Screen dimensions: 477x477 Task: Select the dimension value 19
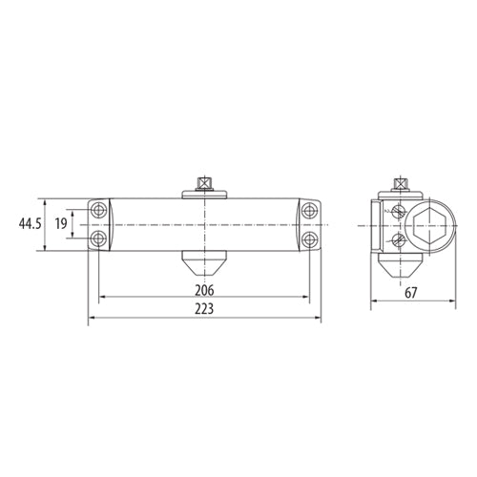(x=59, y=223)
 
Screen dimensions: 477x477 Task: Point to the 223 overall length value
(x=202, y=310)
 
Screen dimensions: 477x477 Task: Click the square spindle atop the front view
(x=204, y=180)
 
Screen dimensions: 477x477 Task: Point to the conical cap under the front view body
(x=204, y=260)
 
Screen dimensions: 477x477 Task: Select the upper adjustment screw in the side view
(x=398, y=211)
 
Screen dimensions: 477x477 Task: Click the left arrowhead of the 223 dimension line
(x=92, y=320)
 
